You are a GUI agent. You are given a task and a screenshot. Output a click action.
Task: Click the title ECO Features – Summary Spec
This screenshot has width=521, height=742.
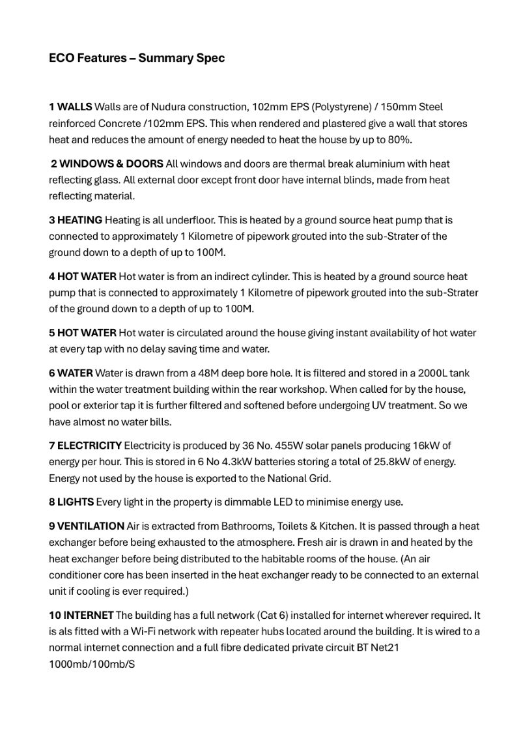tap(137, 58)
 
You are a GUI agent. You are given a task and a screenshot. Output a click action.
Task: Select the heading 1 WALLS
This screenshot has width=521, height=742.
tap(70, 106)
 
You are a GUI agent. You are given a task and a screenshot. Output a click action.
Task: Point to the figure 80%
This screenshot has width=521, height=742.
tap(399, 139)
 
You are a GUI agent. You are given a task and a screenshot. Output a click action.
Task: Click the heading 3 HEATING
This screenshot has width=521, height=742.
tap(75, 220)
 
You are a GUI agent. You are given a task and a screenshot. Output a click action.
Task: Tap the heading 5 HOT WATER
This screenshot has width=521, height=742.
tap(83, 332)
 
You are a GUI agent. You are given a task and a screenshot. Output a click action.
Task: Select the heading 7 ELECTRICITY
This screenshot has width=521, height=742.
tap(85, 446)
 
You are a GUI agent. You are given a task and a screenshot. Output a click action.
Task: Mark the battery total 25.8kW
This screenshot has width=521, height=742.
tap(406, 462)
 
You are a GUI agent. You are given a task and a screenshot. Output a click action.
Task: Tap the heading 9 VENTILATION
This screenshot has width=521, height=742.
tap(87, 526)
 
